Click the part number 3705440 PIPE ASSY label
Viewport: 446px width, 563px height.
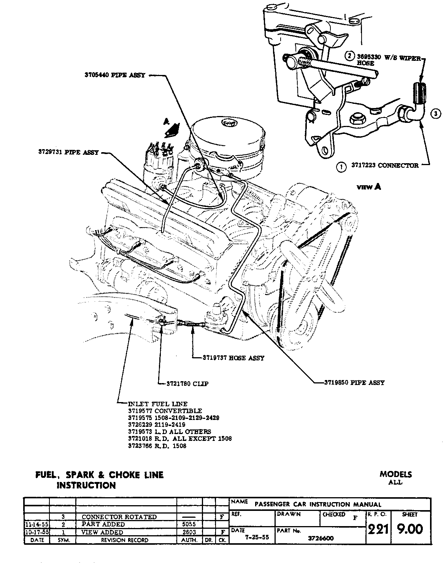(x=114, y=75)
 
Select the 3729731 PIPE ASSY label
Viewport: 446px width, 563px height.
(x=68, y=153)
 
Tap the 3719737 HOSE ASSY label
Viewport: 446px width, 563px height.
(x=232, y=358)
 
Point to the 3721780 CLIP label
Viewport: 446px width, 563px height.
(x=187, y=384)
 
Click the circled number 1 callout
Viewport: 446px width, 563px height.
(x=341, y=166)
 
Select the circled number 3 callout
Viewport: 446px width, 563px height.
(x=436, y=113)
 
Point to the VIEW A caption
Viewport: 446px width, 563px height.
(x=368, y=187)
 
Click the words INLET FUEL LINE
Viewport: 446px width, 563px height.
(x=158, y=404)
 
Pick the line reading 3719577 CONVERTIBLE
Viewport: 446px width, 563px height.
(x=165, y=411)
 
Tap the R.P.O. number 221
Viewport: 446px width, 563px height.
(x=377, y=529)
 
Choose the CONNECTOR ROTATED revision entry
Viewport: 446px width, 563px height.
(x=119, y=517)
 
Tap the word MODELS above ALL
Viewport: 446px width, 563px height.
(x=395, y=474)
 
